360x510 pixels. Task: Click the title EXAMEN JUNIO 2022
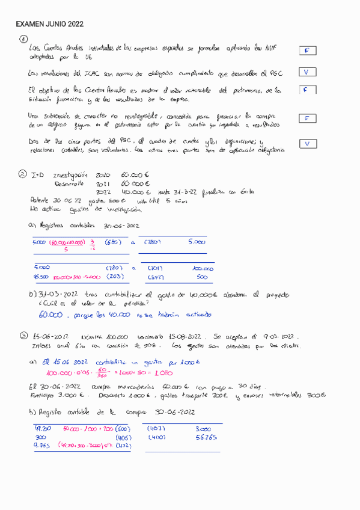coord(49,24)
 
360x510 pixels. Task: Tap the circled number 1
coord(23,39)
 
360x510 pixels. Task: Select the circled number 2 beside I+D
coord(22,174)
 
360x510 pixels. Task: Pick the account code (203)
coord(115,277)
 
